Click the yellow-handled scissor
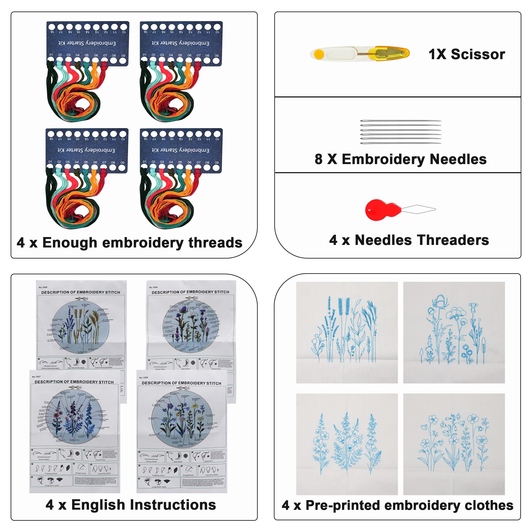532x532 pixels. (x=359, y=53)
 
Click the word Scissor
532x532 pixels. (x=478, y=54)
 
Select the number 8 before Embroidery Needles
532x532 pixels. (x=319, y=159)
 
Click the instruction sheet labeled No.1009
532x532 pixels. (x=81, y=325)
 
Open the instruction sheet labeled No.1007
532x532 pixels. (x=74, y=430)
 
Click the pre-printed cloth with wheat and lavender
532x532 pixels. (x=347, y=332)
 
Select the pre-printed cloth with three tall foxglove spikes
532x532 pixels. (x=347, y=444)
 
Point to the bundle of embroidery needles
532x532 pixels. (x=401, y=132)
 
